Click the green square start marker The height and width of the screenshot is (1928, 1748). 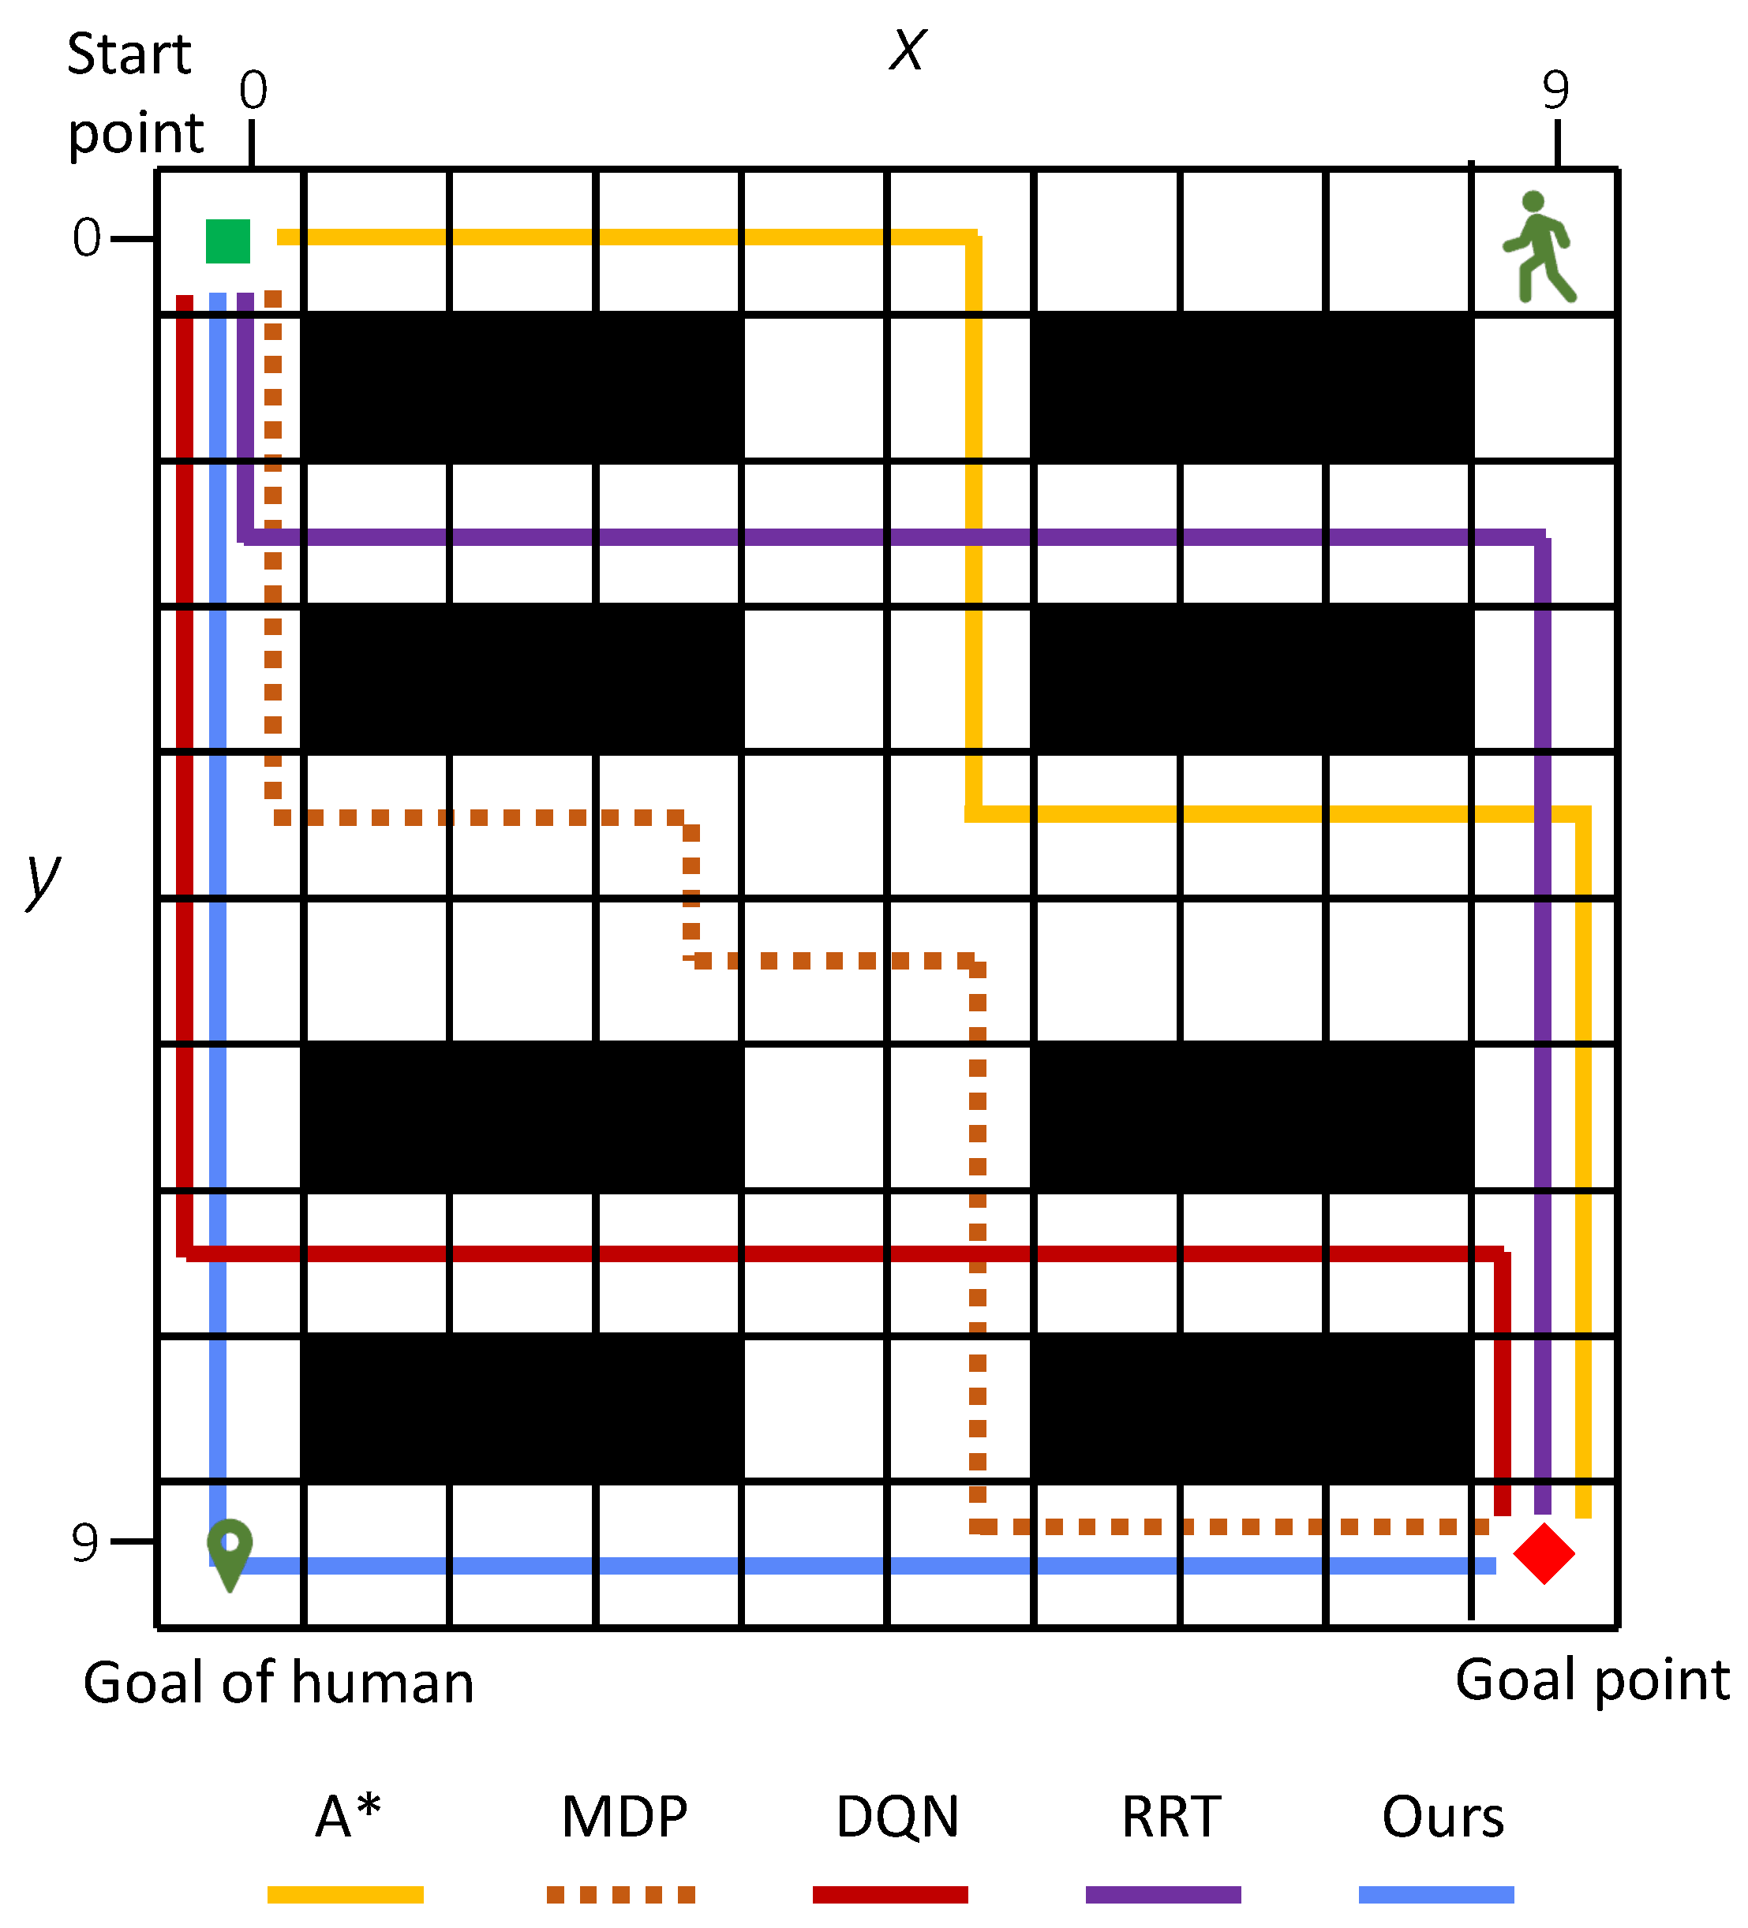tap(228, 241)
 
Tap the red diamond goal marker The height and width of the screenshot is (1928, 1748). tap(1544, 1554)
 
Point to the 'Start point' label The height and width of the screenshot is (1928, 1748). tap(134, 93)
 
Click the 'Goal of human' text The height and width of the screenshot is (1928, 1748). tap(279, 1683)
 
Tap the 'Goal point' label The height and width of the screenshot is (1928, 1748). tap(1592, 1680)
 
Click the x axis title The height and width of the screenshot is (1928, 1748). tap(907, 50)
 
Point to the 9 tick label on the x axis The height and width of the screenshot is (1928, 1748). tap(1555, 91)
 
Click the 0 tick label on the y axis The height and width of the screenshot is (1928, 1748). tap(86, 238)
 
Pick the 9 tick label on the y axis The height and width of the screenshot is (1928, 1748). tap(85, 1541)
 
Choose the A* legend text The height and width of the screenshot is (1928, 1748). tap(347, 1816)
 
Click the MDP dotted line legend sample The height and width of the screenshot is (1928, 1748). tap(620, 1895)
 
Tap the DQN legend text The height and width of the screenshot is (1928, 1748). tap(896, 1817)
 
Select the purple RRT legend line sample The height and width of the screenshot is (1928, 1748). tap(1162, 1895)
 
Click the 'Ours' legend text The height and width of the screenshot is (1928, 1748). tap(1442, 1817)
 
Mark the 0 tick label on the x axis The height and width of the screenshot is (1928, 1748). tap(253, 91)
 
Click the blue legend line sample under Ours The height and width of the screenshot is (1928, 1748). tap(1435, 1895)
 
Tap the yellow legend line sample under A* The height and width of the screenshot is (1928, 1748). tap(346, 1895)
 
